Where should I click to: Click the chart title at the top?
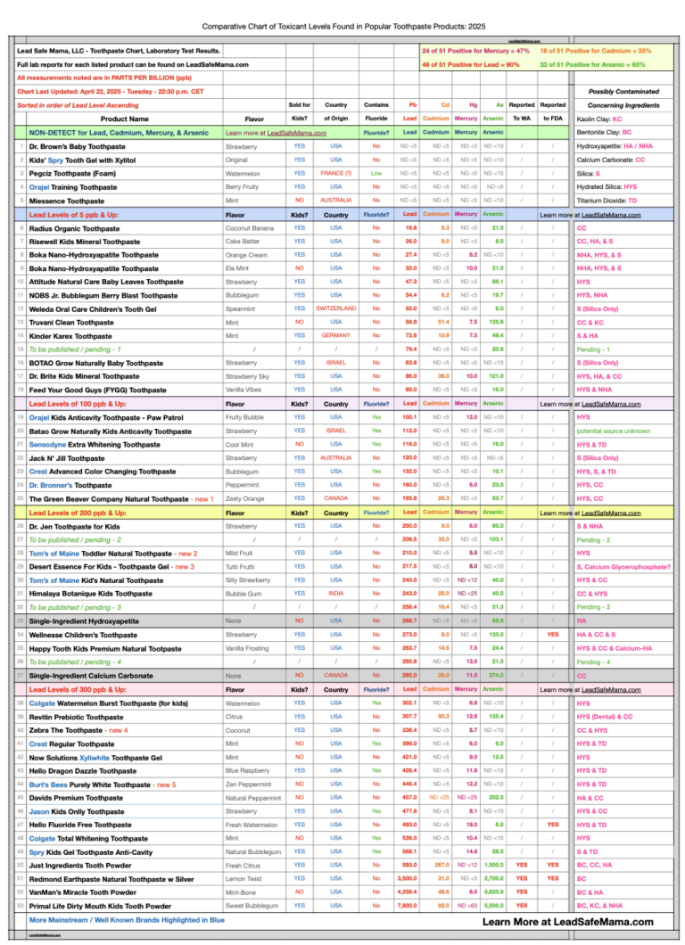pos(342,28)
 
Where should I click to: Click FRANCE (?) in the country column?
pos(336,173)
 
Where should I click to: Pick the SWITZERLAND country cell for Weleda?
pos(336,308)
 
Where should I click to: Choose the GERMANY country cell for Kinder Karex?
pos(336,335)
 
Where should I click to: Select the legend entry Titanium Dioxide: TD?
pos(607,201)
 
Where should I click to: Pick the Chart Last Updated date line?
pos(111,91)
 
